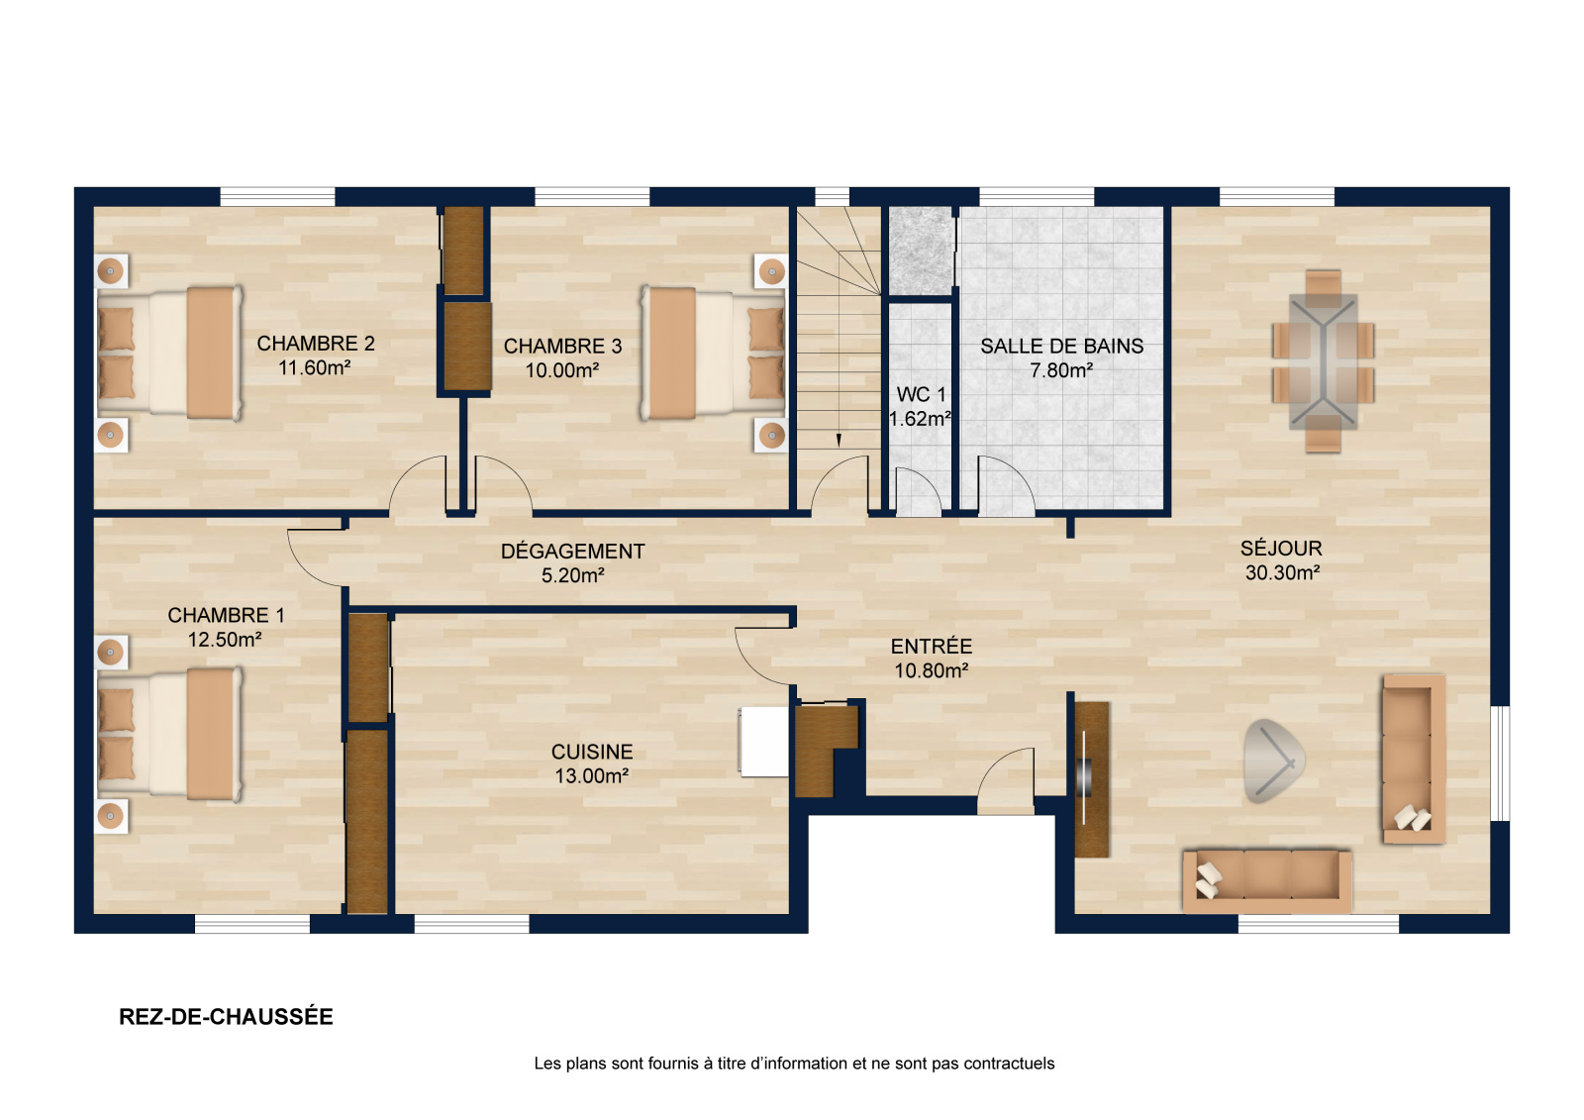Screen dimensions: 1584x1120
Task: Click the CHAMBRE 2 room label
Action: (316, 344)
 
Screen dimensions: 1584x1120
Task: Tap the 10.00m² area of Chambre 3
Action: (562, 370)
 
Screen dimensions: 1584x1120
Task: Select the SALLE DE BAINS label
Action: (1061, 346)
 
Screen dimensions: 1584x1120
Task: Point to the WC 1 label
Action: (921, 394)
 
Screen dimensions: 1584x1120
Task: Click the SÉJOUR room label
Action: (1281, 549)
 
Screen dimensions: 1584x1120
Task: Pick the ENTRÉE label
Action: (931, 646)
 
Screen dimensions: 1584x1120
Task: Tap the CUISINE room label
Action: (592, 752)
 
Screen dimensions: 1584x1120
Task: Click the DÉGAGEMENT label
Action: (573, 552)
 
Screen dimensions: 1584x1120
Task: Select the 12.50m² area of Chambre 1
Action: (225, 640)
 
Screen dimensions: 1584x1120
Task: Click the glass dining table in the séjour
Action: (1323, 360)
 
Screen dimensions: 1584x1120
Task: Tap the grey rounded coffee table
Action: (1274, 762)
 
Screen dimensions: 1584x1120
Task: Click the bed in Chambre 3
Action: (713, 354)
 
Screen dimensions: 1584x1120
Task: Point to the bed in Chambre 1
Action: (169, 735)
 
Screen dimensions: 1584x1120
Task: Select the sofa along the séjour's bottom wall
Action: (1268, 881)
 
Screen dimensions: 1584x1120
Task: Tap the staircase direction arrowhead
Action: (839, 440)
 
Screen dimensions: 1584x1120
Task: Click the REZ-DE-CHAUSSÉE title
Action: (226, 1017)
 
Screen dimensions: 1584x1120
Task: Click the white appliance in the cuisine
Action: (763, 742)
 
